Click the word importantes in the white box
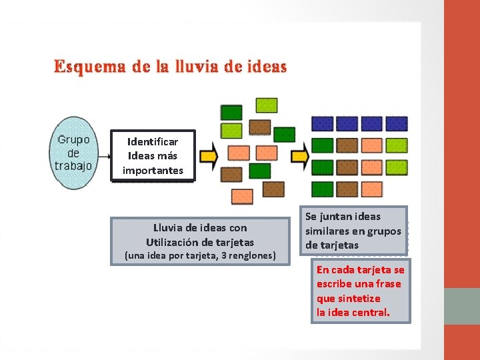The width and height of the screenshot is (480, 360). point(153,171)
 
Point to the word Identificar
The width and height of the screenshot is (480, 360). point(153,142)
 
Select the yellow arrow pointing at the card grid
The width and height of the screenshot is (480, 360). point(300,155)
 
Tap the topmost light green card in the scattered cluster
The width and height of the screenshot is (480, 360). point(267,105)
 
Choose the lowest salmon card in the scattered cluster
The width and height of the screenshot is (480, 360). point(241,197)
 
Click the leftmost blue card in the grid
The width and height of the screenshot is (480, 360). point(323,124)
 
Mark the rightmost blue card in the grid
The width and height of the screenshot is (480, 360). point(396,124)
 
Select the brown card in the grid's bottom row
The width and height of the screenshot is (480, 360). point(347,189)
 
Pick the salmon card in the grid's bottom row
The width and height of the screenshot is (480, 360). point(371,189)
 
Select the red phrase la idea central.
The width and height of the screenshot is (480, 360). point(353,313)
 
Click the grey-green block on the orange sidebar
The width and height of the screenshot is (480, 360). point(462,306)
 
